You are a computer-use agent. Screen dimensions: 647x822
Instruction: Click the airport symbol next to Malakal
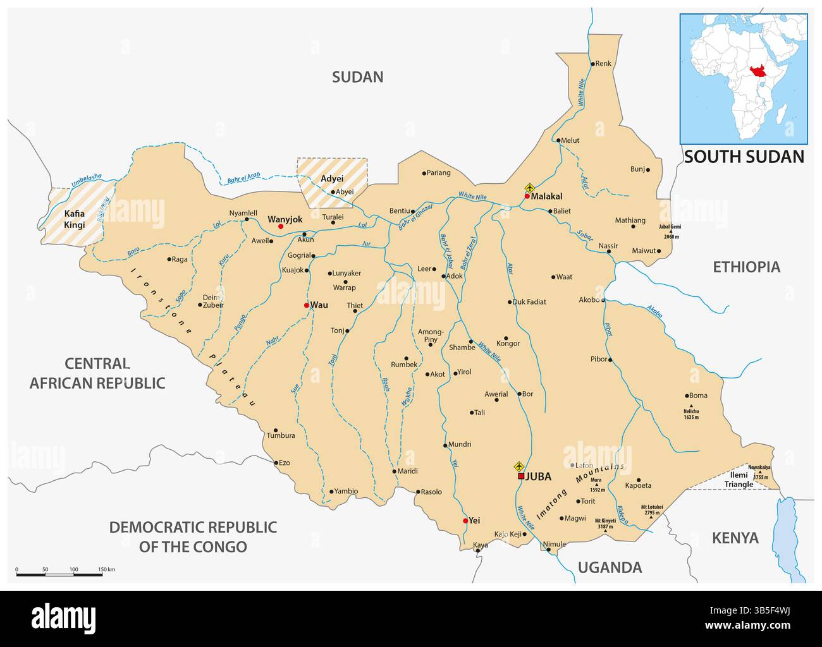pos(530,188)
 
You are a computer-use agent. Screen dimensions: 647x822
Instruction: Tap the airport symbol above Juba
pos(520,466)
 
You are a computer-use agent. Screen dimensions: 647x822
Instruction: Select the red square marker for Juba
pos(521,476)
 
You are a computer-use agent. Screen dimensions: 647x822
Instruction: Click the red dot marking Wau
pos(307,305)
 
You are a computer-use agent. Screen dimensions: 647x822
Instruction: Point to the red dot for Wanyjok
pos(281,226)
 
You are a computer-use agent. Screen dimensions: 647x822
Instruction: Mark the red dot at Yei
pos(466,521)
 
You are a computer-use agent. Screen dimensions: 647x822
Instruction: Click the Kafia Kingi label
pos(74,219)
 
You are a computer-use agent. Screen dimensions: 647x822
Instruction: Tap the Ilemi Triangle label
pos(739,480)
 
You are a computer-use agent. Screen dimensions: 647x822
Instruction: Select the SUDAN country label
pos(358,77)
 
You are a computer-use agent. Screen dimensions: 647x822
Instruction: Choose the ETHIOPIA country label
pos(746,267)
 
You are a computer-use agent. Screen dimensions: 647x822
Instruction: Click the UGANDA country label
pos(610,567)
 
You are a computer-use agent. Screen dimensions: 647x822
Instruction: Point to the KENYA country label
pos(735,538)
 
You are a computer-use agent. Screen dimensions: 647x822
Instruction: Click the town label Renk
pos(604,63)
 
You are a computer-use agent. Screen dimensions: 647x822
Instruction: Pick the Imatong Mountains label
pos(579,492)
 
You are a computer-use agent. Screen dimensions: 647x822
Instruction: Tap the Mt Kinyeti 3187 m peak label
pos(605,523)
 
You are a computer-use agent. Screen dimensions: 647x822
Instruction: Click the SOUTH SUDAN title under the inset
pos(744,157)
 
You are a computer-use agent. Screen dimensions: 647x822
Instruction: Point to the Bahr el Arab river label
pos(243,178)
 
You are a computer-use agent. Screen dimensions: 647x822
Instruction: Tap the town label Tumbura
pos(281,435)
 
